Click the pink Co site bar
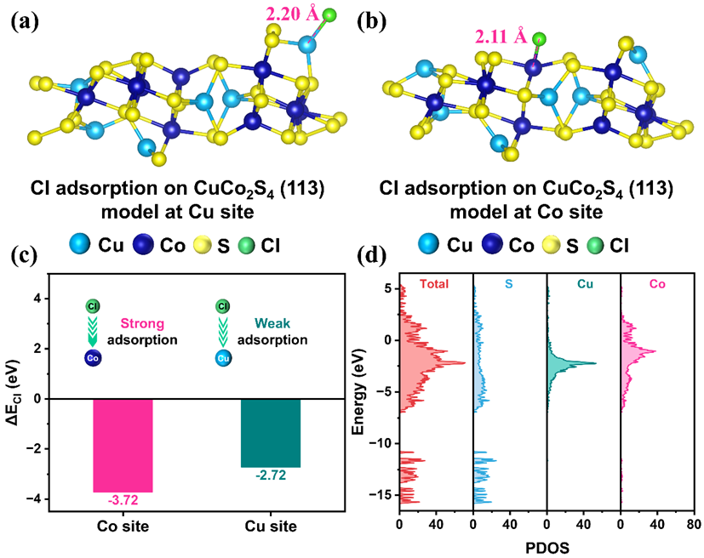(122, 445)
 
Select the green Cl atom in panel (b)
(539, 38)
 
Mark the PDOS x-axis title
(547, 549)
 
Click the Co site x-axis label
(122, 527)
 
